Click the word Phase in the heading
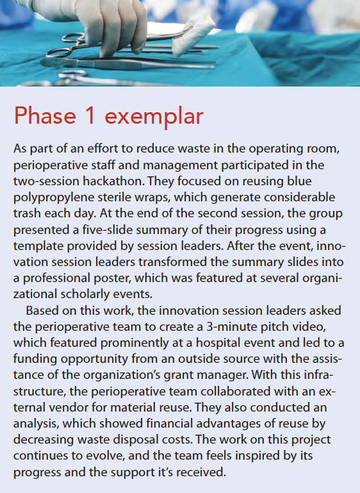click(45, 115)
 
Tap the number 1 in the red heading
click(90, 115)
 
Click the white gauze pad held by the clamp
click(192, 34)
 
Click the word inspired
click(267, 456)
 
